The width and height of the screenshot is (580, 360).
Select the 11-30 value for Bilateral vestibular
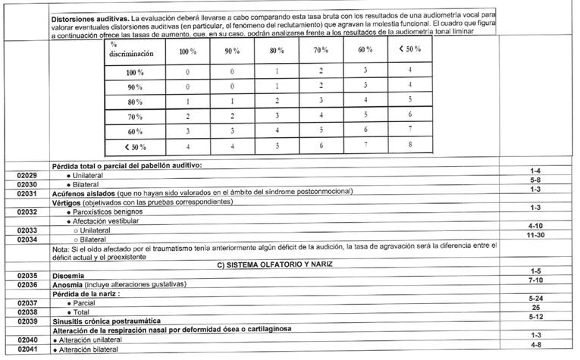point(535,238)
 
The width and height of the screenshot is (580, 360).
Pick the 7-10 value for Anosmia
point(535,282)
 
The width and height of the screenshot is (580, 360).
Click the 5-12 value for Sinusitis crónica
point(535,319)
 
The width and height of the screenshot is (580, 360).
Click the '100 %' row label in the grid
point(135,71)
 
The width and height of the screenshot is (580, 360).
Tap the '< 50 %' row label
point(133,146)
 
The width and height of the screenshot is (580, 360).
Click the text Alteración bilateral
point(92,350)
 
